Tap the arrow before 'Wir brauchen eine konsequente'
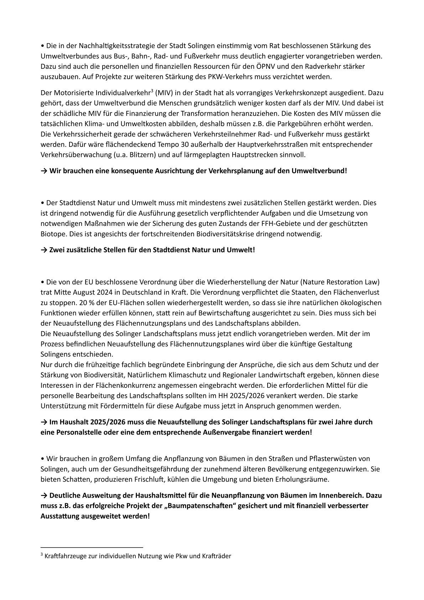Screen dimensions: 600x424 click(x=44, y=171)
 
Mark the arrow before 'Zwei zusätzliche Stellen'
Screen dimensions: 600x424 click(x=44, y=250)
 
